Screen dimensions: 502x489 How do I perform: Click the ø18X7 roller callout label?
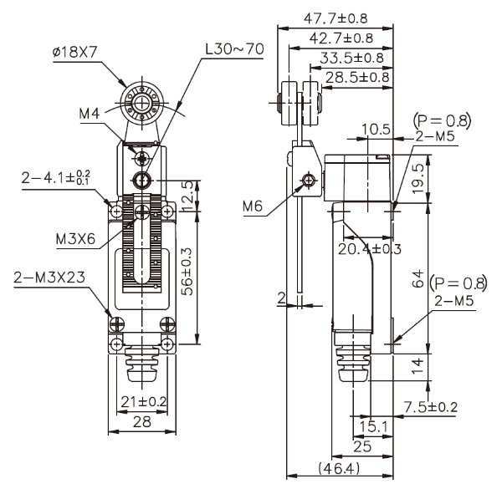click(x=74, y=52)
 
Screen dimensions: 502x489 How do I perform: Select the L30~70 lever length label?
click(x=234, y=49)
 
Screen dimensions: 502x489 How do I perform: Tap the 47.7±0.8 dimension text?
click(x=336, y=18)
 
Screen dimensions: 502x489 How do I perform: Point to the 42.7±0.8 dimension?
click(x=341, y=38)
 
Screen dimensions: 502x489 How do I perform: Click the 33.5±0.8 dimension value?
click(x=351, y=58)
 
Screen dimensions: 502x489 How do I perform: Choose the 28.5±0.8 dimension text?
click(x=357, y=78)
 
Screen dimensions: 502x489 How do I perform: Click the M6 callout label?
click(x=253, y=206)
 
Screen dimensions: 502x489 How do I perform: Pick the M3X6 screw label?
click(x=75, y=238)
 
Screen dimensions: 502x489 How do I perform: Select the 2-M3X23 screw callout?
click(x=49, y=278)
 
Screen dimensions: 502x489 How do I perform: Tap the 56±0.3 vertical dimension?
click(x=187, y=272)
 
